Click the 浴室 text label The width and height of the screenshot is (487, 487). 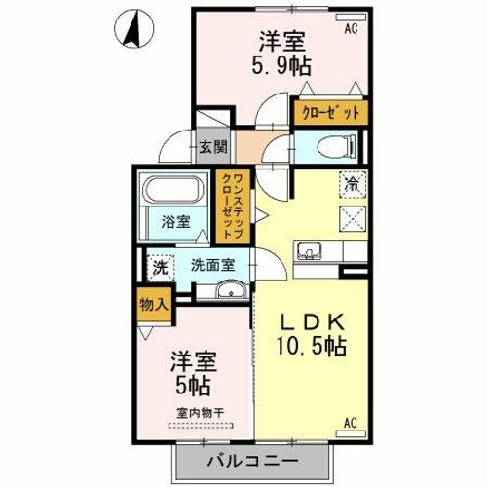(x=173, y=221)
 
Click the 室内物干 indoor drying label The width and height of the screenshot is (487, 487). (x=199, y=413)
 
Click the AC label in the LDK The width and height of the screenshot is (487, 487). (x=351, y=422)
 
